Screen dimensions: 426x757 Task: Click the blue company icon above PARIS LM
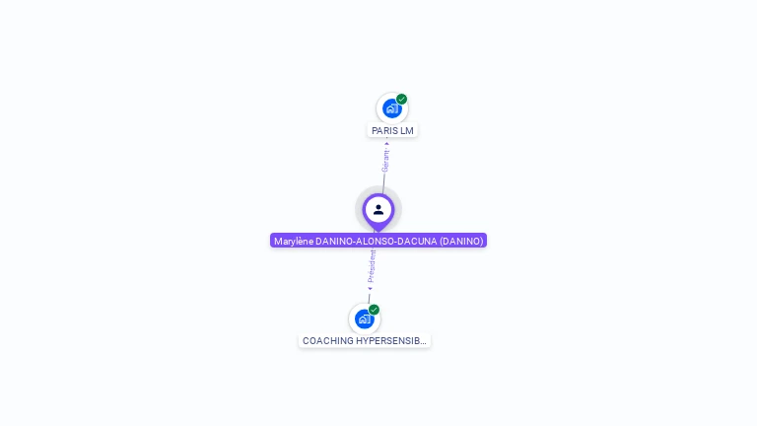(x=391, y=108)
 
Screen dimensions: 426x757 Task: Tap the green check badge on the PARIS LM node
(x=402, y=99)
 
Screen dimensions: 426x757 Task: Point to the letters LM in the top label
(x=407, y=130)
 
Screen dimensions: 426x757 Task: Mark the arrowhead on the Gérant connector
(x=386, y=143)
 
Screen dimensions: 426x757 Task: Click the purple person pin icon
(x=378, y=210)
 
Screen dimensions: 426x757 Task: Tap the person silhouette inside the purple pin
(x=378, y=209)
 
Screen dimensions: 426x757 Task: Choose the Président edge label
(x=372, y=266)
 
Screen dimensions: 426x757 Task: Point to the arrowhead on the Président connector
(x=370, y=289)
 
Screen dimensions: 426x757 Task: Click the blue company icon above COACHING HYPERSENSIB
(x=364, y=319)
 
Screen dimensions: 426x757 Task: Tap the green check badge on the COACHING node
(x=375, y=309)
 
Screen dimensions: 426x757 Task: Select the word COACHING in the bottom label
(x=328, y=341)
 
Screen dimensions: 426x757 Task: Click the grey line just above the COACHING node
(x=369, y=298)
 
